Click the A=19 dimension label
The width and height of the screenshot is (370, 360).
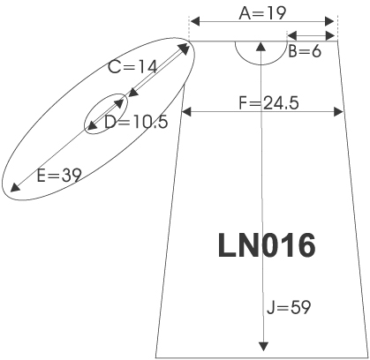tap(262, 13)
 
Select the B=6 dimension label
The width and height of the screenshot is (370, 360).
tap(305, 51)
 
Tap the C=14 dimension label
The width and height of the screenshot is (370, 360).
tap(132, 67)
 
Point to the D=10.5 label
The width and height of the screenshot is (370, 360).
tap(136, 122)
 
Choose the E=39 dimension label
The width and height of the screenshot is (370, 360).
tap(59, 176)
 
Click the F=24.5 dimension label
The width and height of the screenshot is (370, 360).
tap(268, 103)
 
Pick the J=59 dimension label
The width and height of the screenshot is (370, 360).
tap(289, 308)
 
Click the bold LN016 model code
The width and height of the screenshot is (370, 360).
tap(267, 245)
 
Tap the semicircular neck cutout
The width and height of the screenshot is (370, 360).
tap(261, 64)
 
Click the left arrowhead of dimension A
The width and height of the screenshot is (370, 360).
tap(195, 21)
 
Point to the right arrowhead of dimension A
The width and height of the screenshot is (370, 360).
tap(329, 21)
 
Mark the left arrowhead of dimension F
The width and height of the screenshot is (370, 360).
tap(186, 112)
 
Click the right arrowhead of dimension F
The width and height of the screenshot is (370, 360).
tap(338, 112)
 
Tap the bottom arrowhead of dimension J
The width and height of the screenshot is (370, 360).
tap(263, 347)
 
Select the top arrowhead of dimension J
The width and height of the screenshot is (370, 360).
tap(261, 47)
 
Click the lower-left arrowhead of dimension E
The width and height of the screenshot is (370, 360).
tap(15, 187)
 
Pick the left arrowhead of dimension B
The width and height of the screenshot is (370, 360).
tap(292, 36)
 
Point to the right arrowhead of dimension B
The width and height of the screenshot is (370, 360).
tap(330, 36)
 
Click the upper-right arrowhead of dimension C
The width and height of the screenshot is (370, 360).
tap(185, 49)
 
